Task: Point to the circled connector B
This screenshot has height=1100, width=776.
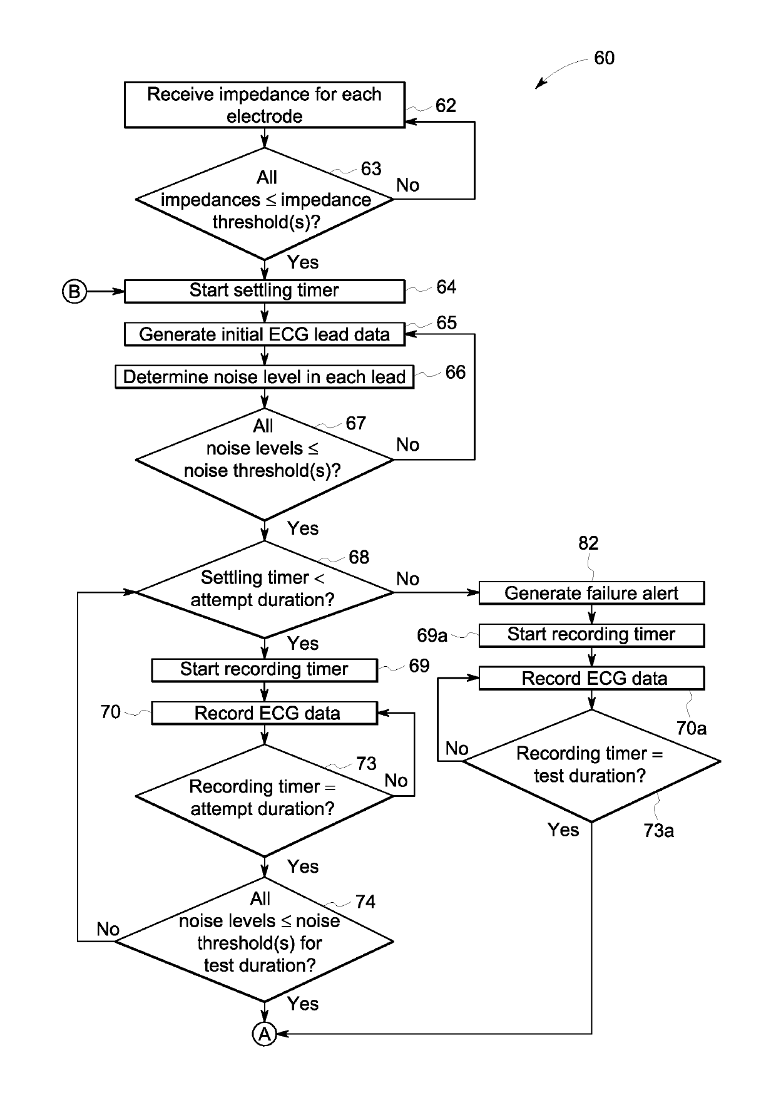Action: [x=74, y=291]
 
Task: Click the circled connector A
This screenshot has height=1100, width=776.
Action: [x=265, y=1034]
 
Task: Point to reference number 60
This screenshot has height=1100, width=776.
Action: [x=604, y=58]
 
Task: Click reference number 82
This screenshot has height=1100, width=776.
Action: [x=588, y=543]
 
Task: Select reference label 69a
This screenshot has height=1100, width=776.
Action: [x=432, y=635]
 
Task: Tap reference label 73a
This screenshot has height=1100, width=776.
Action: [x=659, y=831]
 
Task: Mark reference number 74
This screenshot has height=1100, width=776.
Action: [x=365, y=902]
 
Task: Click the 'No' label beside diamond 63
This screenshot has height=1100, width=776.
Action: [x=408, y=185]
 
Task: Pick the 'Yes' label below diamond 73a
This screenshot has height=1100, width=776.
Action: [x=563, y=830]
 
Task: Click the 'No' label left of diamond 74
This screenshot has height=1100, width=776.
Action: [x=108, y=929]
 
